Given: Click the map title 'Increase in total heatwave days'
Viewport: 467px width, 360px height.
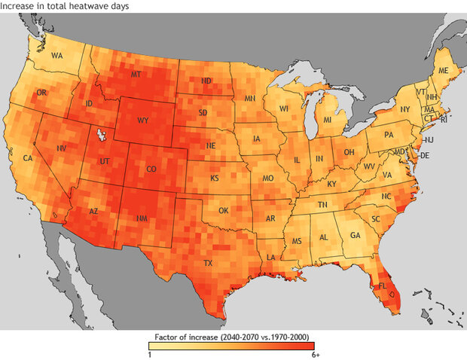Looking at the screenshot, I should pos(64,6).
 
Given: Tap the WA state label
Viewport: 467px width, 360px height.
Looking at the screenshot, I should pos(57,56).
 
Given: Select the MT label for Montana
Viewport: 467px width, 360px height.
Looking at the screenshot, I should pos(136,75).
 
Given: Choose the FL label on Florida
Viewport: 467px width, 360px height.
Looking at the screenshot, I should pos(382,287).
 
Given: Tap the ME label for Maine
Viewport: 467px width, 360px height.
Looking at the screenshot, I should pos(443,69).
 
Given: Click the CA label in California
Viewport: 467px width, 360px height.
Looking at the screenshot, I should pos(28,158).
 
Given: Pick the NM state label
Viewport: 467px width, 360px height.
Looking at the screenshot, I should pos(142,218).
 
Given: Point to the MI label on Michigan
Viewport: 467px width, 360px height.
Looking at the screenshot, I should pos(328,121).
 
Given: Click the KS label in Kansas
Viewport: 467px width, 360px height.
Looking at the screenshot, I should pos(215,178).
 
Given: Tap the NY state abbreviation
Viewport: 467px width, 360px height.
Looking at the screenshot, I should pos(404,109).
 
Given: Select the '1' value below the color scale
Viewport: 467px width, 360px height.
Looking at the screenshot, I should pos(150,355).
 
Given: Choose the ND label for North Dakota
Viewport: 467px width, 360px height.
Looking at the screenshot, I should pos(206,81).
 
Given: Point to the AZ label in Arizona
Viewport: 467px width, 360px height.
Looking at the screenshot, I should pos(93,212).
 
